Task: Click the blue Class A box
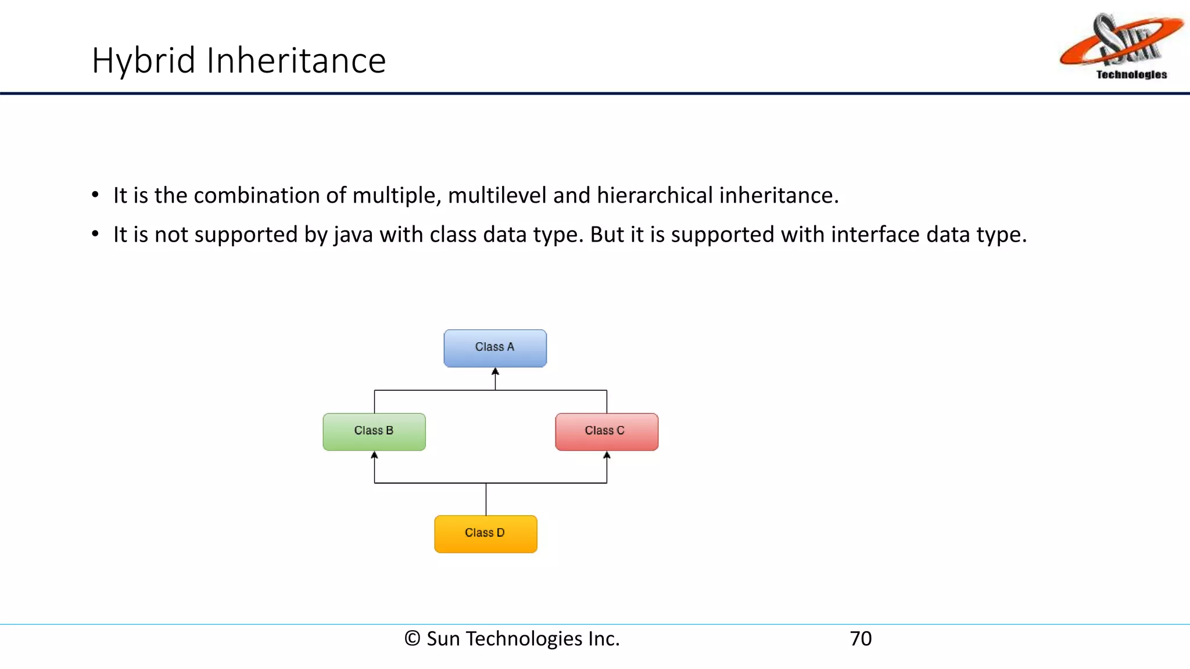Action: point(495,348)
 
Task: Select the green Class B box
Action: point(374,431)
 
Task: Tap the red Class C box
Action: point(607,431)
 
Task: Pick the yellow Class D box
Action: point(486,534)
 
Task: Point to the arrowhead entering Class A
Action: point(495,372)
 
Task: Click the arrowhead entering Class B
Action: point(374,455)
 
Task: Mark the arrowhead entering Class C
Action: point(607,455)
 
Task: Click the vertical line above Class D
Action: point(486,499)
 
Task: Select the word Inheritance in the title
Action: point(296,61)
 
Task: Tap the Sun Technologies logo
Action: point(1121,46)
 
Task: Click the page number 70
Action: point(861,639)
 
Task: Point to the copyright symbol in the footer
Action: point(412,639)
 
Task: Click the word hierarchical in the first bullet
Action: point(654,196)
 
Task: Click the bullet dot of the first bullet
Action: point(95,195)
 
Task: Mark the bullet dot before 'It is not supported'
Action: point(95,234)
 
